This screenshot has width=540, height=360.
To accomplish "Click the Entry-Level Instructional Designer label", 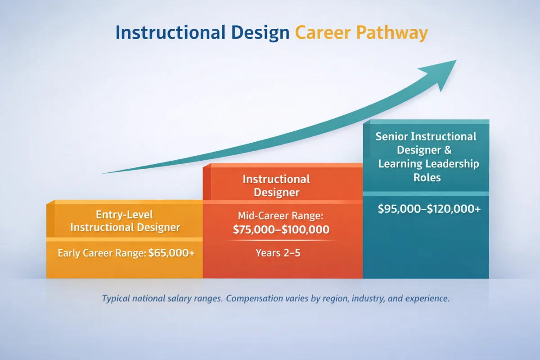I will (125, 220).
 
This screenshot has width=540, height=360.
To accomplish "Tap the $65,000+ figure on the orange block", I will (172, 253).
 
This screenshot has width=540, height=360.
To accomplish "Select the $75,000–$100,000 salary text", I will (281, 230).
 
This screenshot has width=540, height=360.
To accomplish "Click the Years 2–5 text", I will (278, 253).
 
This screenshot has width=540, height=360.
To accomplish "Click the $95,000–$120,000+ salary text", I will (429, 209).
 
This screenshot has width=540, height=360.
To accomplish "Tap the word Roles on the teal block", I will (427, 177).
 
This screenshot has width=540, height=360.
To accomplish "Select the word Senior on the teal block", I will (391, 136).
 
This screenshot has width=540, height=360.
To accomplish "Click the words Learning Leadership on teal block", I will (428, 164).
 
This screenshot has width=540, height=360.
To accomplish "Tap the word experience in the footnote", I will (427, 298).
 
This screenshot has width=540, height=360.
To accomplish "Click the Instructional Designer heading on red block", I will (276, 185).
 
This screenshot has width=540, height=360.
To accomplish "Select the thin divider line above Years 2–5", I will (281, 241).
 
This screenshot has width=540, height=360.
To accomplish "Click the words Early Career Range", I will (102, 253).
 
